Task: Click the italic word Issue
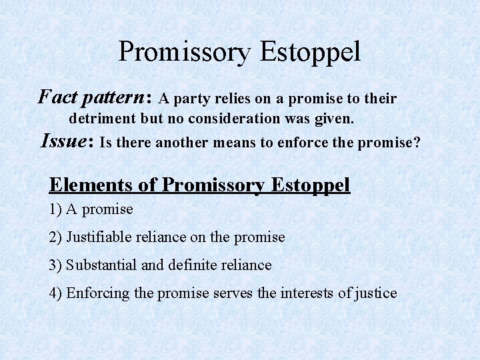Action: (x=66, y=141)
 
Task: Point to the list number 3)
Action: (x=55, y=265)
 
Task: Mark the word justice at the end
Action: (x=375, y=293)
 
